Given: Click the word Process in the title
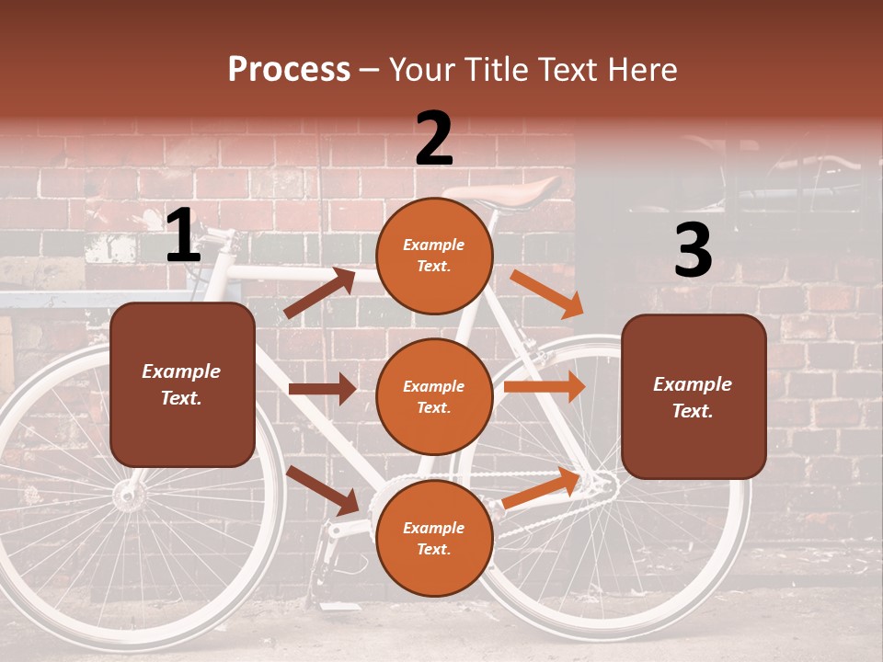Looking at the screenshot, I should point(289,70).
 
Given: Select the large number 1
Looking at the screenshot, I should point(183,236).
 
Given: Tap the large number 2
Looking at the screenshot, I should point(434,139).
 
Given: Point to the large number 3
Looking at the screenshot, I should point(693,251).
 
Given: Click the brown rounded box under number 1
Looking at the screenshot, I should point(182,384).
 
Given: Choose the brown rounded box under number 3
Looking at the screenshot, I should point(694,396).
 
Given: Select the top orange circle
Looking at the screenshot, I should point(434,255).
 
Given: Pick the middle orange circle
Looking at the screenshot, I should point(434,396).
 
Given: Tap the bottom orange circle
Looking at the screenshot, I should point(434,538).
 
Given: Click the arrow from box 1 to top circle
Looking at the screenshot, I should point(320,293).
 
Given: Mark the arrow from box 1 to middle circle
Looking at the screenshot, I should point(322,389).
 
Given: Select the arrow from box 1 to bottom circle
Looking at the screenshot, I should point(323,490).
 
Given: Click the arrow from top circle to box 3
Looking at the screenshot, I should point(547,294).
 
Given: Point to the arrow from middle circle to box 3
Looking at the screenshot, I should point(544,387).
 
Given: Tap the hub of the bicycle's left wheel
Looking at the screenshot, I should point(129,496).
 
